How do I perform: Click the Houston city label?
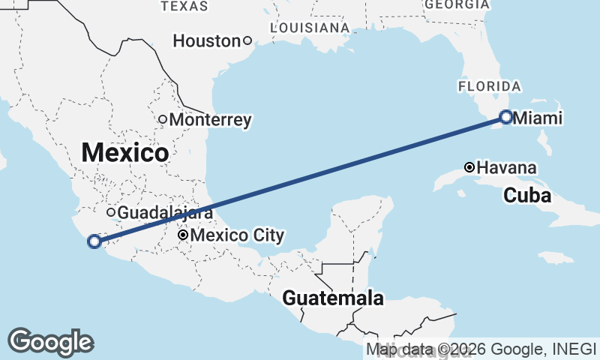[205, 41]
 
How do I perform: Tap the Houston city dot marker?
[246, 40]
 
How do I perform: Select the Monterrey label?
[210, 120]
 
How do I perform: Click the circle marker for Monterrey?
[162, 119]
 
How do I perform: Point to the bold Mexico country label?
[124, 153]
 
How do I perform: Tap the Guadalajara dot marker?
[111, 212]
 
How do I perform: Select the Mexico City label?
[237, 236]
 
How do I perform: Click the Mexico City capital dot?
[182, 235]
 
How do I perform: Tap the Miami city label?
[537, 118]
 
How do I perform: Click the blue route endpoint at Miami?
[506, 117]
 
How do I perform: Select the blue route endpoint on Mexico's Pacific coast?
[94, 241]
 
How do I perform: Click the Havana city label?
[506, 167]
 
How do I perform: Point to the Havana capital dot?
[469, 167]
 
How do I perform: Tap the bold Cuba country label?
[527, 196]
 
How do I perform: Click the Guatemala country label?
[333, 298]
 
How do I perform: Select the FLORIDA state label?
[490, 86]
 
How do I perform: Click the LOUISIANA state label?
[310, 28]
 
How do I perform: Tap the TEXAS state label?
[184, 6]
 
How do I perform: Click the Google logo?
[50, 342]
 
